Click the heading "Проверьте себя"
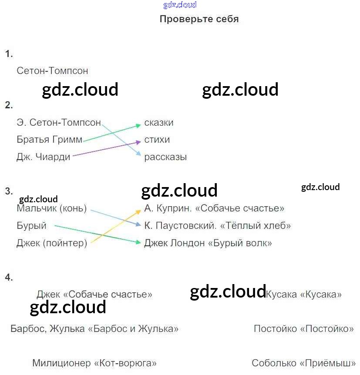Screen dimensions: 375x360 199,19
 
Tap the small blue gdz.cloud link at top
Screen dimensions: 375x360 180,5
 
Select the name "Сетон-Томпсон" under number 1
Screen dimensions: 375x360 52,70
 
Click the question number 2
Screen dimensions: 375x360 9,105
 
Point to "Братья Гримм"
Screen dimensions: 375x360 50,140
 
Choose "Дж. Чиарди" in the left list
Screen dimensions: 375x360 43,157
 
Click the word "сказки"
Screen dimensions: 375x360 159,123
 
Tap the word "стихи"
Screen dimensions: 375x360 157,140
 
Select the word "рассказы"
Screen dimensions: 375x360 165,157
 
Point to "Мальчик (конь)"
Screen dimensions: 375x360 51,208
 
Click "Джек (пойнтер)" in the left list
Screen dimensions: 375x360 51,243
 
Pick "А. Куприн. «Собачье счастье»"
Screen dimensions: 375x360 214,208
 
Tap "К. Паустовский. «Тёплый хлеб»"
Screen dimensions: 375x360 217,226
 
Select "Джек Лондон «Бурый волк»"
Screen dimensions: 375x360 208,243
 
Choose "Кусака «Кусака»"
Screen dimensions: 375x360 303,295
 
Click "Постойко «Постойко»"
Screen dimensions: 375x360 303,328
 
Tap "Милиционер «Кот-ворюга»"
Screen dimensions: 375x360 94,363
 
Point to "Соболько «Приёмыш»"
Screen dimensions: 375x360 303,363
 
